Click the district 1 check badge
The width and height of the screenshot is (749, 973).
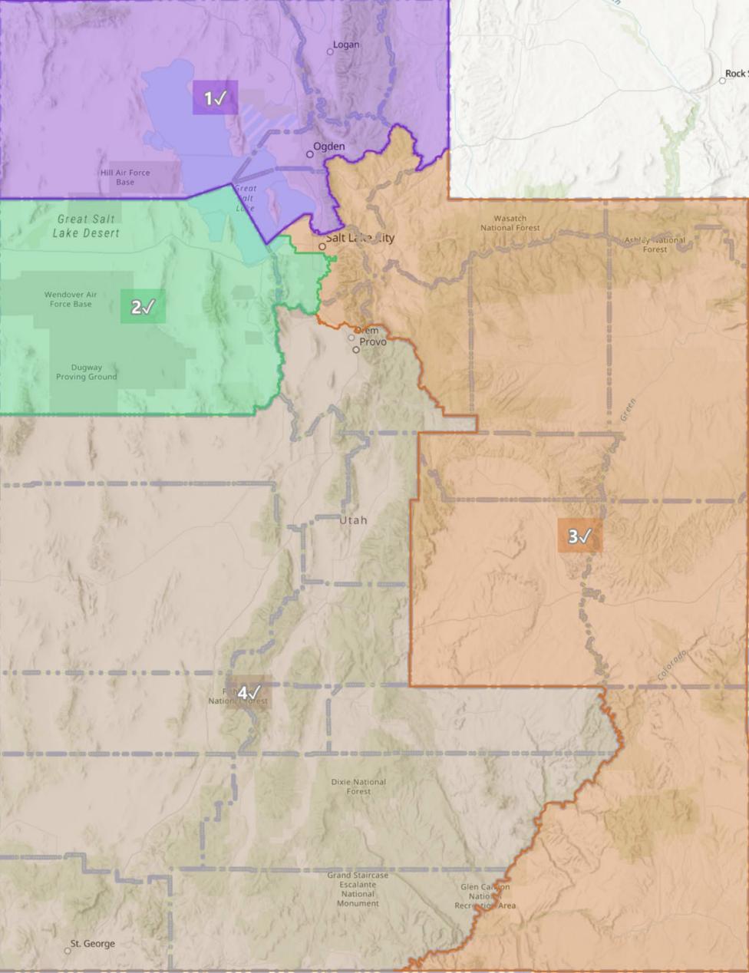click(x=215, y=98)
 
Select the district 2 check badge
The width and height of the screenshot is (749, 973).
click(x=143, y=307)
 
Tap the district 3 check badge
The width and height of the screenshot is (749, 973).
click(x=579, y=536)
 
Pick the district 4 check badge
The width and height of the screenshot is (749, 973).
click(x=248, y=692)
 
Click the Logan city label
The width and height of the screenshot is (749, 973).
click(x=346, y=45)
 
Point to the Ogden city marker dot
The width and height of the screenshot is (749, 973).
click(x=310, y=154)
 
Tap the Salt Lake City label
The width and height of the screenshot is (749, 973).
click(x=359, y=238)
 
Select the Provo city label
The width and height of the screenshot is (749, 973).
click(x=373, y=341)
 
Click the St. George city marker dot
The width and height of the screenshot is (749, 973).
click(x=68, y=951)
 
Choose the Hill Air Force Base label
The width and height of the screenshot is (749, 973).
click(x=125, y=177)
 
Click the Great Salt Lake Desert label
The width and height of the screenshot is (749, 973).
click(x=86, y=226)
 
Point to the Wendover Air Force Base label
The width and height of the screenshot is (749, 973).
click(x=71, y=299)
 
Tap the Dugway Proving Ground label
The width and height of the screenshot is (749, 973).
click(x=86, y=372)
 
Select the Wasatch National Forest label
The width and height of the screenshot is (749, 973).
click(x=510, y=223)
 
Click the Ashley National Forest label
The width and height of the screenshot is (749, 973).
click(x=655, y=245)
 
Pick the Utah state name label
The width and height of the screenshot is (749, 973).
click(x=353, y=520)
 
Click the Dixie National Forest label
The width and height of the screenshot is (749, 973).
click(x=358, y=787)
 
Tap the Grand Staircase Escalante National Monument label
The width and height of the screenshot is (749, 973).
click(x=358, y=889)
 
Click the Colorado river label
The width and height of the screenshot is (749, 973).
click(x=671, y=665)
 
